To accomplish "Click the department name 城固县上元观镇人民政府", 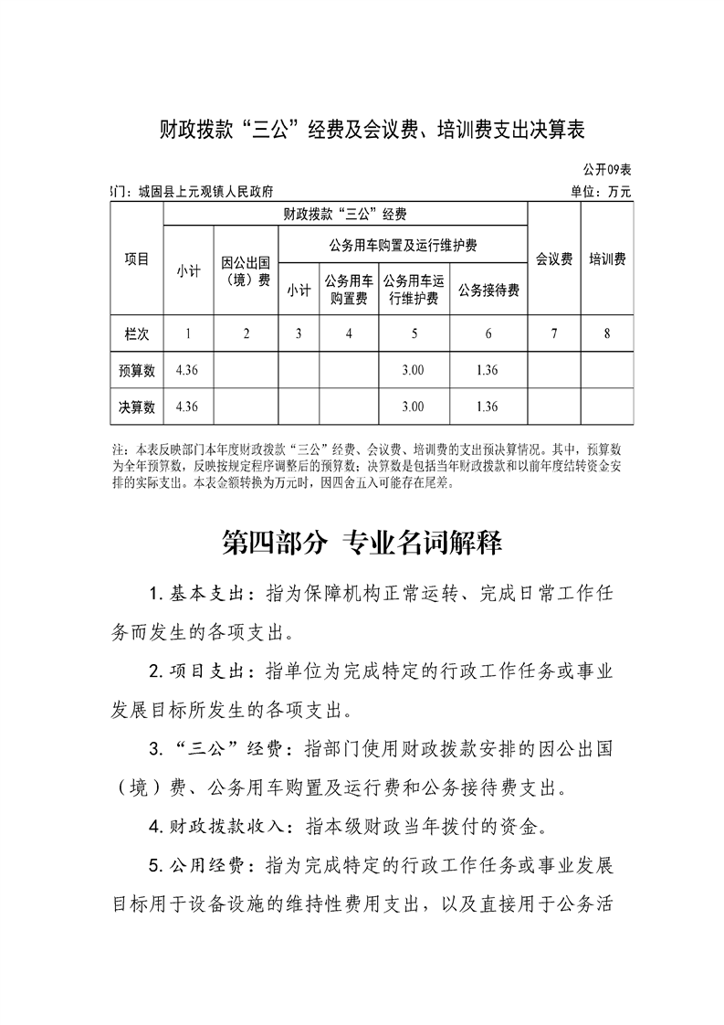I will pos(205,192).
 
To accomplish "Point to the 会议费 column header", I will pos(554,259).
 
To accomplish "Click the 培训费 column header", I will pos(607,259).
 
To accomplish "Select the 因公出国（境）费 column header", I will pos(246,271).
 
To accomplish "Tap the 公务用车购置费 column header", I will pos(349,290).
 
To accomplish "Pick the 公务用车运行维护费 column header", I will pos(414,290).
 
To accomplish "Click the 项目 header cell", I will pos(137,259).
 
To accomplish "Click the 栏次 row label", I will pos(137,333).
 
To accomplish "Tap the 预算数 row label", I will pos(137,370).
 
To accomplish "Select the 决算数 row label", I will pos(137,407).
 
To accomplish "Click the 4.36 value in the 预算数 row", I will pos(187,370).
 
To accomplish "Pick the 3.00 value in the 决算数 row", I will pos(414,407).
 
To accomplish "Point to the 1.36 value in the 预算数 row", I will pos(488,370).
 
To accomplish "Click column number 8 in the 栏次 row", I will pos(607,333).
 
